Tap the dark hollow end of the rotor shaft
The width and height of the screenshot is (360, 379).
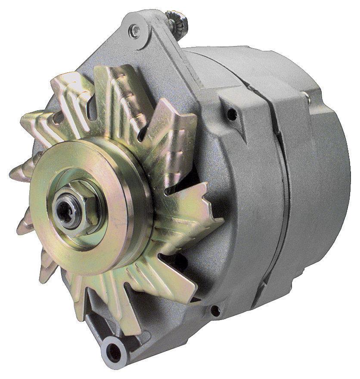pyautogui.click(x=65, y=211)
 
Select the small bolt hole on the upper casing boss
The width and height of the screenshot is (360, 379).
pyautogui.click(x=232, y=114)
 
